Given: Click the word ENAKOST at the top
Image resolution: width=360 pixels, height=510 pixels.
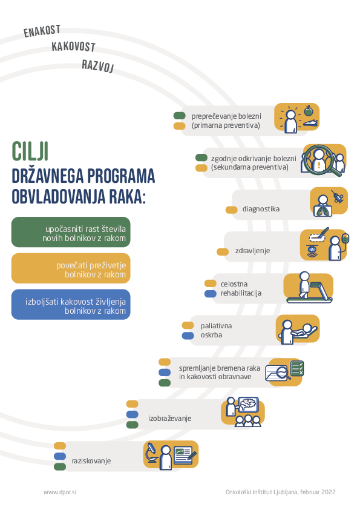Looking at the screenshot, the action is tap(42, 31).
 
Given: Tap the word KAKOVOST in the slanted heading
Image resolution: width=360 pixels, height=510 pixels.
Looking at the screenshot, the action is tap(73, 47).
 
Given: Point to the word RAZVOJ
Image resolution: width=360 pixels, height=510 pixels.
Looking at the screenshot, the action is tap(98, 65).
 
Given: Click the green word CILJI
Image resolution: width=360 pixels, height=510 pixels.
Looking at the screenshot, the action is tap(30, 151).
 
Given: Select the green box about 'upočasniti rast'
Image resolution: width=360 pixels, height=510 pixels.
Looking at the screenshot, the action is tap(71, 232).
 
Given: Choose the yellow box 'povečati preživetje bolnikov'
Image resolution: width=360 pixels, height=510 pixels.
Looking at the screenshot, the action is tap(71, 268).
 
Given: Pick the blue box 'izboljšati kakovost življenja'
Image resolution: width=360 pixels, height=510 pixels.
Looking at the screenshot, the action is tap(71, 305).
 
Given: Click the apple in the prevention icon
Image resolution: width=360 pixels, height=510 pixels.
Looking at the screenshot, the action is tap(309, 111).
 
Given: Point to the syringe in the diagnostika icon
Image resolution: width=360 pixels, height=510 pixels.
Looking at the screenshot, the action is tap(337, 197).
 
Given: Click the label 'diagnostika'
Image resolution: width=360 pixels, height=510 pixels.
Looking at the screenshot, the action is tap(261, 209).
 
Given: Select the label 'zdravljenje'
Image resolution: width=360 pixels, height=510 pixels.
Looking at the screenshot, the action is tap(252, 251).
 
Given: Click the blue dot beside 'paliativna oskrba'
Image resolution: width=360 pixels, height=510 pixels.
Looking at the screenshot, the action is tap(188, 336).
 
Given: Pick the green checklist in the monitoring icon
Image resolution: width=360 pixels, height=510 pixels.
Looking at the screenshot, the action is tap(297, 368).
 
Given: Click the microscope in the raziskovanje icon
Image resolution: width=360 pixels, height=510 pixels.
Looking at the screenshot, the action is tap(151, 452).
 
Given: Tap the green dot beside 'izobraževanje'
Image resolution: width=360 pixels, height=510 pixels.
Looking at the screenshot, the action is tap(133, 425).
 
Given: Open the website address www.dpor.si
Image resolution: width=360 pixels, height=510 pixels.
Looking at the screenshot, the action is tap(60, 492).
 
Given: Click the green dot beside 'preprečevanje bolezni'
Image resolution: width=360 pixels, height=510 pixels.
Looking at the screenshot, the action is tap(179, 116).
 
